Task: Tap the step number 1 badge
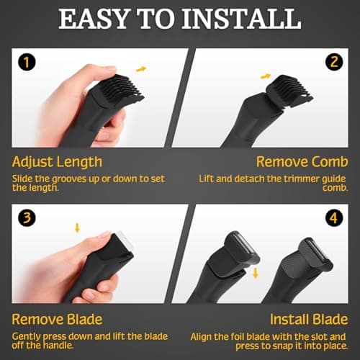[25, 63]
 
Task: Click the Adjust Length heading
[58, 161]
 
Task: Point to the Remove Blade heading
[58, 318]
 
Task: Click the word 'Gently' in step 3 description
[28, 336]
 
